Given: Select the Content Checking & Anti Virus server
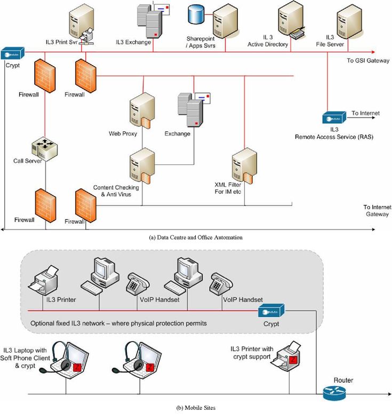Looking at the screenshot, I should pyautogui.click(x=141, y=165).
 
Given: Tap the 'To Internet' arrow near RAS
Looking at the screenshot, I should pyautogui.click(x=365, y=114).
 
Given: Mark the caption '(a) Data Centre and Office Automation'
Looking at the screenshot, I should pyautogui.click(x=196, y=237).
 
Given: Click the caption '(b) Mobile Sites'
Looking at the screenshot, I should pyautogui.click(x=196, y=408).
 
